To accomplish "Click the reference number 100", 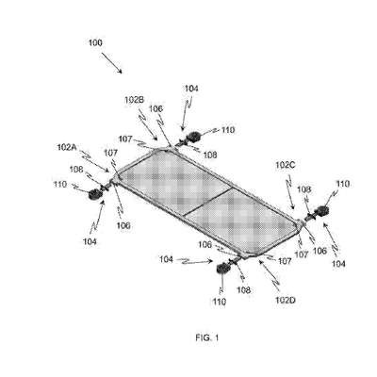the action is pos(95,43).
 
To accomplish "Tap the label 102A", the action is pos(68,147).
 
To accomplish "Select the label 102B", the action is pos(134,100).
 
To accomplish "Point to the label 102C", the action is pos(286,165).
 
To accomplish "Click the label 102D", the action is pos(286,301).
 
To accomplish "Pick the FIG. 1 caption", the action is pos(206,338).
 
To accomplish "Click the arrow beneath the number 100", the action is pos(111,63).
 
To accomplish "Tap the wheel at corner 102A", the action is pos(94,195).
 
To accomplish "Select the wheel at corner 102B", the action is pos(193,137).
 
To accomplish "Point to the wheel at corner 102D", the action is pos(223,269).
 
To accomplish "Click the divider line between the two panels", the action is pos(207,203).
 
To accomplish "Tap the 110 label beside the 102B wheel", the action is pos(228,129).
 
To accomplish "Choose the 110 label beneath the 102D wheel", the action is pos(219,302).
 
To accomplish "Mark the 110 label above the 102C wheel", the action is pos(343,184).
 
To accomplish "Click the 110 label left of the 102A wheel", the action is pos(60,184).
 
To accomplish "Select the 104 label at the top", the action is pos(191,89).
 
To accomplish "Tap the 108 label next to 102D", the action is pos(243,289).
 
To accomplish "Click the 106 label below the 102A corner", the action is pos(123,225).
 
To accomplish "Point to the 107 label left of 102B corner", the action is pos(125,139).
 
